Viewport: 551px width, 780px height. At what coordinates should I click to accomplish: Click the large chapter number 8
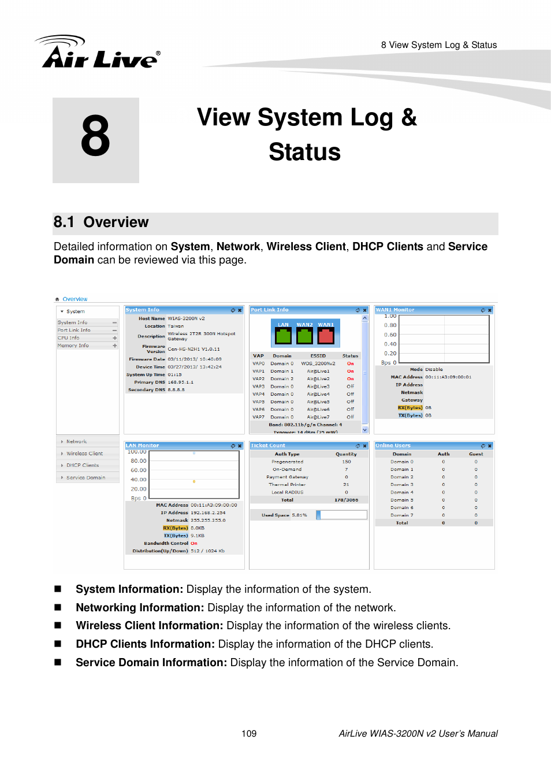coord(95,136)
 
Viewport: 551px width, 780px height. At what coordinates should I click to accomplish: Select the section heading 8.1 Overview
coord(101,222)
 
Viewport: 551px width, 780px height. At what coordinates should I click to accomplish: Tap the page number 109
coord(249,734)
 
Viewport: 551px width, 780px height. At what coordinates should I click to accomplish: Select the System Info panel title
coord(143,310)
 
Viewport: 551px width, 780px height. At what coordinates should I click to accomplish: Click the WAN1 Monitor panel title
coord(395,310)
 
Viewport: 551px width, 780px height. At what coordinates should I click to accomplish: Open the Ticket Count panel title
coord(268,446)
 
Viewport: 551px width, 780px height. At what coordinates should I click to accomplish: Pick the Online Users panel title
coord(393,446)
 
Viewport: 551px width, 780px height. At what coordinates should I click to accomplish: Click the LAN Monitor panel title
coord(143,446)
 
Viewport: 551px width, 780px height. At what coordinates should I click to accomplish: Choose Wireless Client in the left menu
coord(84,454)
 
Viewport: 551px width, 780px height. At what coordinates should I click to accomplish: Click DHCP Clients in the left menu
coord(83,466)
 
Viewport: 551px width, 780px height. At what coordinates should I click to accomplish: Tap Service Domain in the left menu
coord(85,478)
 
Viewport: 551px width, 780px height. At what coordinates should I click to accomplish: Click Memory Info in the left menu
coord(73,346)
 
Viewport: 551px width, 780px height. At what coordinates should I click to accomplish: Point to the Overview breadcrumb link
coord(75,299)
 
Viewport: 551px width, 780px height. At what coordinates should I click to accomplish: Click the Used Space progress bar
coord(341,515)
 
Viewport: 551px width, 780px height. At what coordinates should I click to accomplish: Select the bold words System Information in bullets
coord(129,589)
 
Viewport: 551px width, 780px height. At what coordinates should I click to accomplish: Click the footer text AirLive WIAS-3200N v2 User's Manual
coord(418,734)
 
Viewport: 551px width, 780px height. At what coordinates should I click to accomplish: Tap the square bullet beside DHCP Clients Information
coord(58,644)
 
